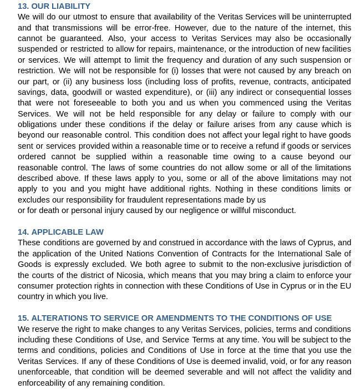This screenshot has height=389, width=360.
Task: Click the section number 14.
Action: click(x=23, y=232)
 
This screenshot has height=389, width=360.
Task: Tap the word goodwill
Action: click(x=87, y=92)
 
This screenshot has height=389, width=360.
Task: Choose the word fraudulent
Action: click(x=147, y=200)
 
